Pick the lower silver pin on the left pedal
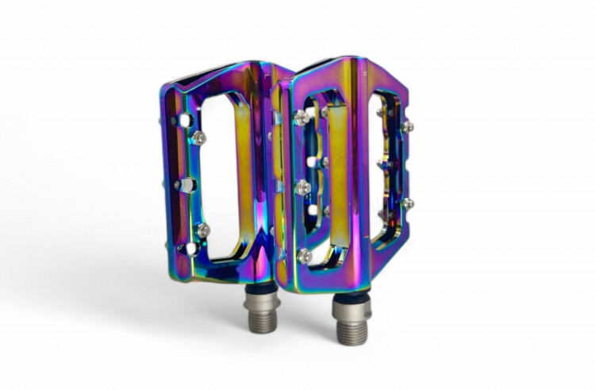(203, 230)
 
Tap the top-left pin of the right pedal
(301, 118)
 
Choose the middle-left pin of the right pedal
(303, 187)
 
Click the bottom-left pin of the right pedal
(305, 255)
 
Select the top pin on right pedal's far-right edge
(407, 126)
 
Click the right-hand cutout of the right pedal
(389, 171)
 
